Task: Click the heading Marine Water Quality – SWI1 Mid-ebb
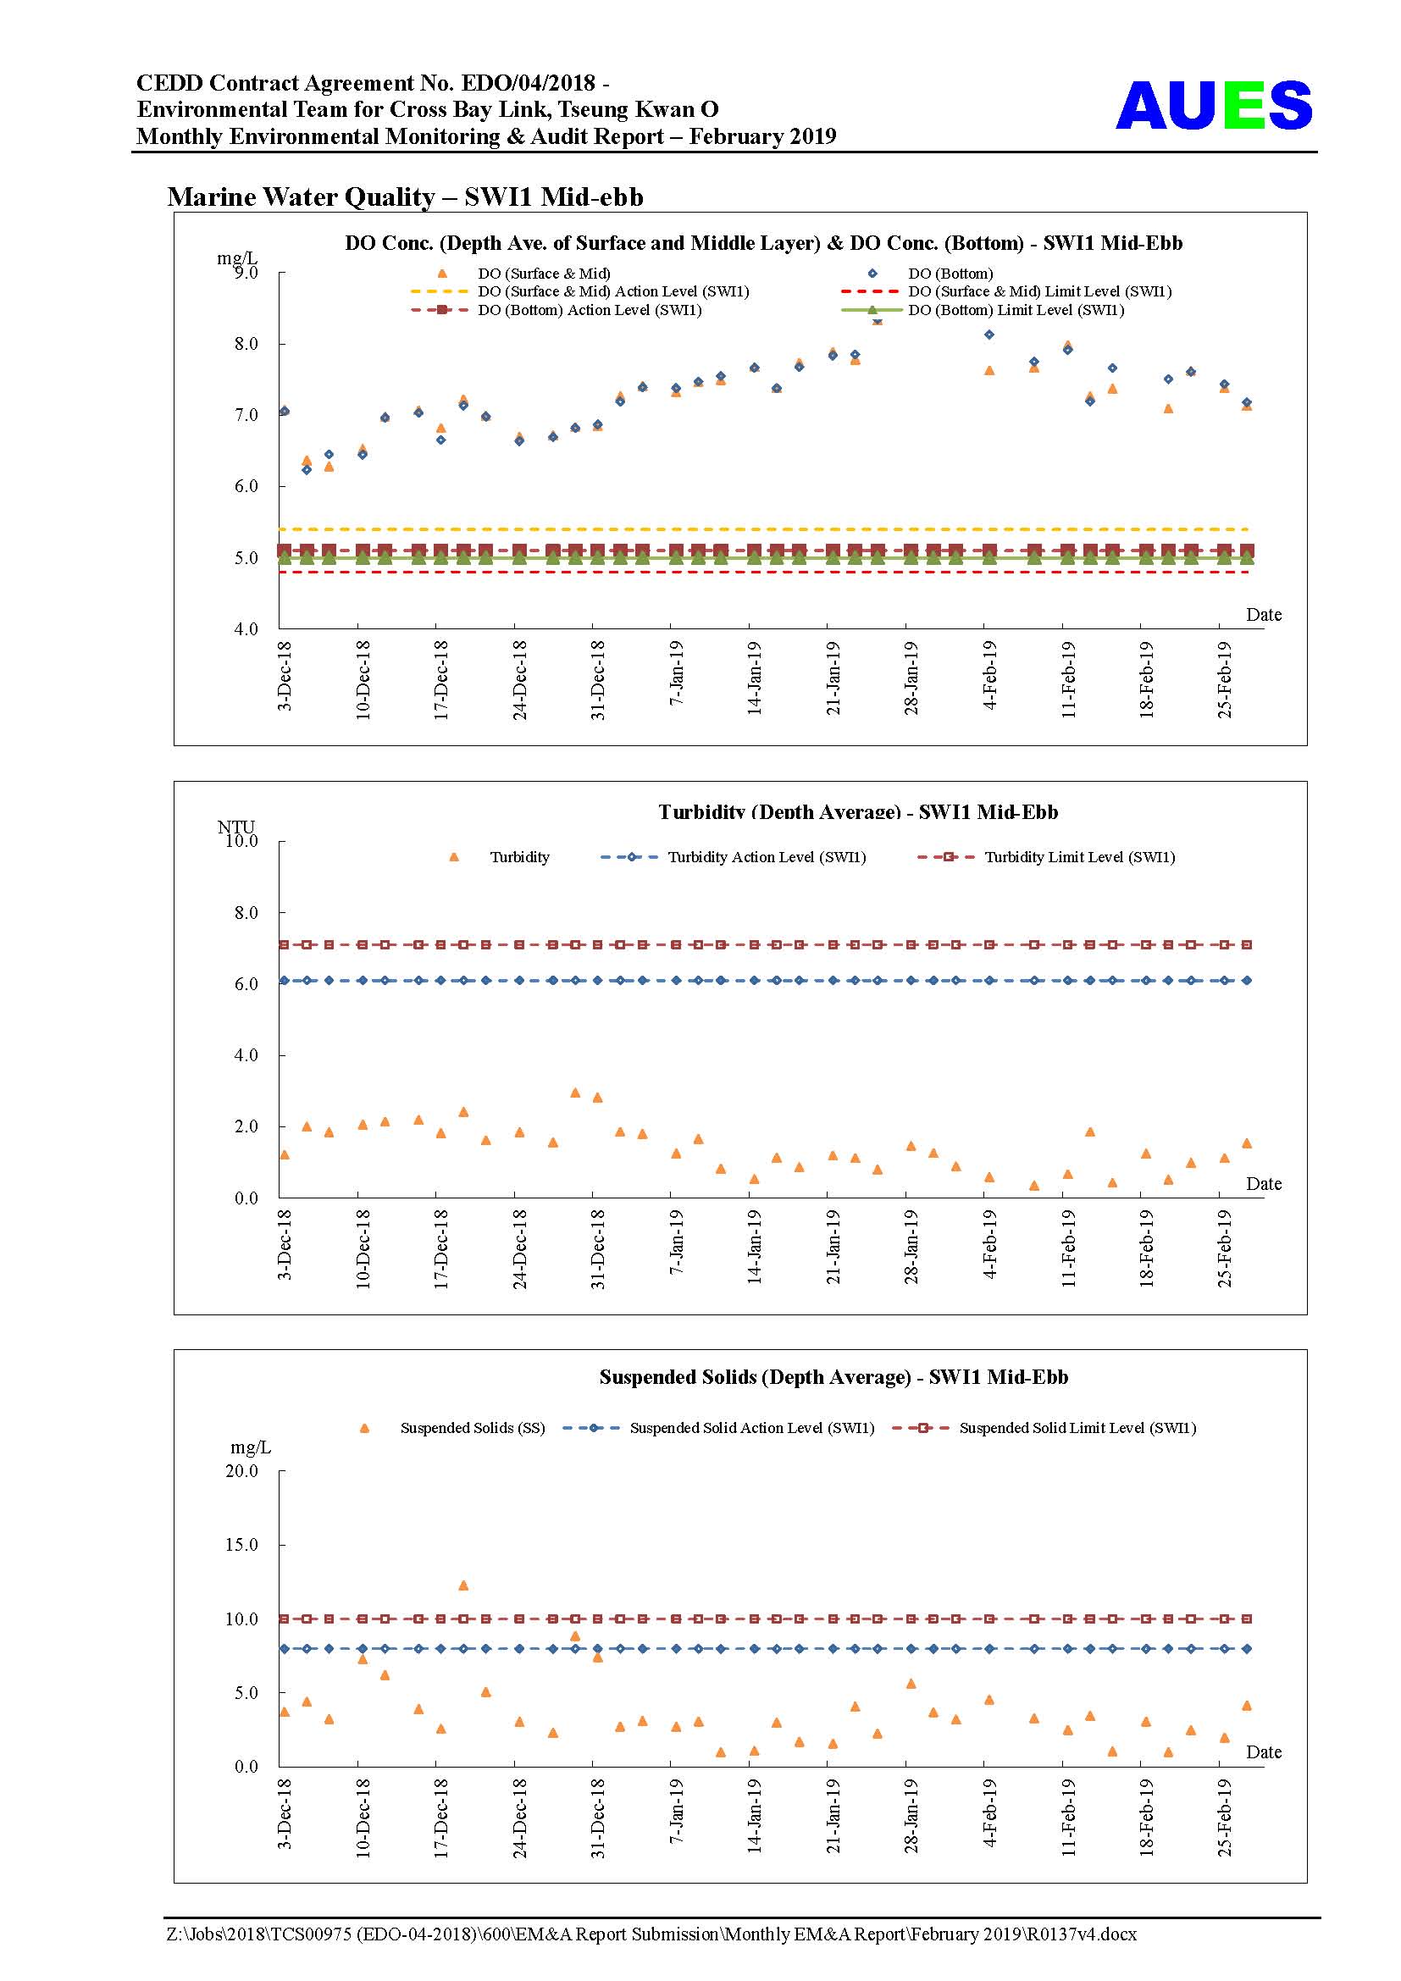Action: pyautogui.click(x=406, y=196)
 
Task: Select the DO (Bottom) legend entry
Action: pyautogui.click(x=932, y=274)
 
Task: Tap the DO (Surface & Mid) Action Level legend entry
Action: pyautogui.click(x=579, y=291)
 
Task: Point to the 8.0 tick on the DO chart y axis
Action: pyautogui.click(x=246, y=343)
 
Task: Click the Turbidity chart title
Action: pyautogui.click(x=857, y=811)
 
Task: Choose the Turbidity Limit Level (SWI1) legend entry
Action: pyautogui.click(x=1046, y=857)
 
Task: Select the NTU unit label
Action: pyautogui.click(x=235, y=827)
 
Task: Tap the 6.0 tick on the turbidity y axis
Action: pyautogui.click(x=246, y=983)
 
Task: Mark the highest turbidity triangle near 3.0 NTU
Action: pyautogui.click(x=575, y=1093)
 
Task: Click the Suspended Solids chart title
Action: pyautogui.click(x=833, y=1377)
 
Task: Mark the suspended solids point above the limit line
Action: pyautogui.click(x=463, y=1585)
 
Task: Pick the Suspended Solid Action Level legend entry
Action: pyautogui.click(x=718, y=1428)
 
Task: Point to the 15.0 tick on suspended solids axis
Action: pyautogui.click(x=241, y=1545)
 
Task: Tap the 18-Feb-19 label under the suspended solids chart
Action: pyautogui.click(x=1146, y=1816)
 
